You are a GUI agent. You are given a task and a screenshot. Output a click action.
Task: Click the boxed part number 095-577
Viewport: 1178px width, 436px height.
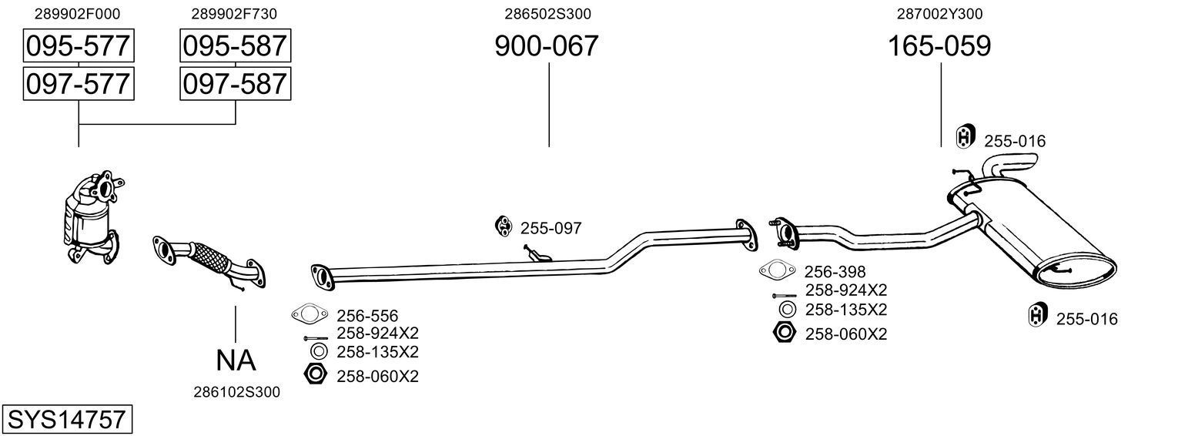[x=78, y=46]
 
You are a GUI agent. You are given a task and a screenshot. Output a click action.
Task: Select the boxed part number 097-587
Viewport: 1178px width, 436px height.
[x=235, y=83]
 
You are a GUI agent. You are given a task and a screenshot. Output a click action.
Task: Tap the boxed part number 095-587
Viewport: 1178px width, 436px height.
[x=235, y=46]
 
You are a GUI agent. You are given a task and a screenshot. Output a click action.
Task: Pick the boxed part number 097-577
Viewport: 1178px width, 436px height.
[x=78, y=83]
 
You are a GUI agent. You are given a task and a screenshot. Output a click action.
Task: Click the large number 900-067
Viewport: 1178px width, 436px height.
[x=546, y=46]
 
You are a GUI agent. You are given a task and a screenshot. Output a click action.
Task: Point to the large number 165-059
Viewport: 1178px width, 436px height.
[x=939, y=46]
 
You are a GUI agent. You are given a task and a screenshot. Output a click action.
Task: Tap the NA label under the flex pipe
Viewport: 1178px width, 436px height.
[x=235, y=360]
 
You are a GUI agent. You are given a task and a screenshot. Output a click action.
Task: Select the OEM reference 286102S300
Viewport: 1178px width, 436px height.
[x=236, y=392]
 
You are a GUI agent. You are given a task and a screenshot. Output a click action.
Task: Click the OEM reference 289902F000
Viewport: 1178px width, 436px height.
[x=78, y=14]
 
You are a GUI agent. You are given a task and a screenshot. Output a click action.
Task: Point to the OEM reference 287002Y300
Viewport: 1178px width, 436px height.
[x=939, y=14]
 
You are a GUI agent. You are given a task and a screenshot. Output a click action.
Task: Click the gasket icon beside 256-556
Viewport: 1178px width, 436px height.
[x=308, y=314]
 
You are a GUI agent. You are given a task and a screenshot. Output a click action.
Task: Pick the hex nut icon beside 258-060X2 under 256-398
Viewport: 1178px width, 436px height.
[x=784, y=334]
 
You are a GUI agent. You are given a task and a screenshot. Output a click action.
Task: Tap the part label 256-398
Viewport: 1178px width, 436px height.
[x=835, y=272]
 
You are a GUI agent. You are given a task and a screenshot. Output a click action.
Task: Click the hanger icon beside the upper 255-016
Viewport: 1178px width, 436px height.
[x=965, y=137]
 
